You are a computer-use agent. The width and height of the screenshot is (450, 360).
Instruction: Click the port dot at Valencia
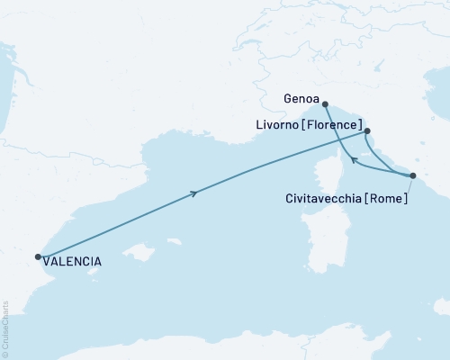point(38,256)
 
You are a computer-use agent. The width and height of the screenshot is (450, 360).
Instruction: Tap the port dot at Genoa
point(325,103)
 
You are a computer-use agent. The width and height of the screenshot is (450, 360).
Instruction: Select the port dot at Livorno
point(368,130)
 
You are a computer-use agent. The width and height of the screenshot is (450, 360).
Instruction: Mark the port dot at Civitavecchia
point(412,175)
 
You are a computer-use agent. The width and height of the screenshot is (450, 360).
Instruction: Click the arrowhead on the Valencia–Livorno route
point(193,193)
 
